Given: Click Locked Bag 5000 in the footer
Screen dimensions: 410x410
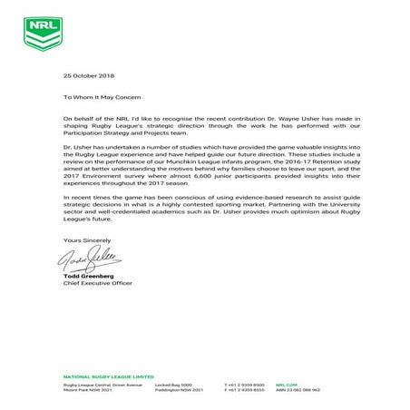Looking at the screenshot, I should point(175,385).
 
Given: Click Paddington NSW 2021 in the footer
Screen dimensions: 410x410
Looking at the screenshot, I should point(181,391).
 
